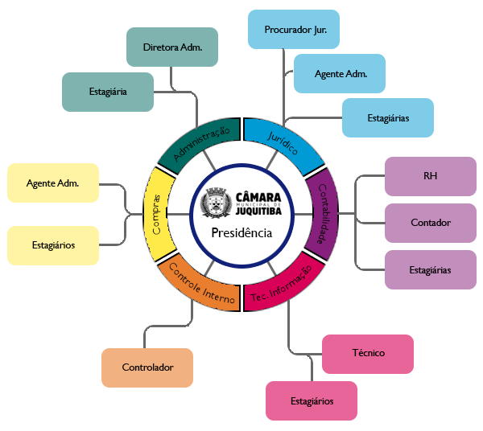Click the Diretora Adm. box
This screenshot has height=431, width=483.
pos(171,47)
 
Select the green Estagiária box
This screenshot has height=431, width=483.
pos(107,92)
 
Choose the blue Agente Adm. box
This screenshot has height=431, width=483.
pos(340,74)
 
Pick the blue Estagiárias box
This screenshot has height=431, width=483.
pos(388,117)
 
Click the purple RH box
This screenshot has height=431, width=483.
pos(429,175)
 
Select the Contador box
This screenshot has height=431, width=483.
pos(429,222)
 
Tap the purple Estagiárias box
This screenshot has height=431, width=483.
pos(429,269)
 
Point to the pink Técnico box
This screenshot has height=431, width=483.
pos(368,353)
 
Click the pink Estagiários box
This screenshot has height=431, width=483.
pos(311,400)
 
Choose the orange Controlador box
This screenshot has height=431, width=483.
pos(147,367)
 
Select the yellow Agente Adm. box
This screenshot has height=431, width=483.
pos(52,183)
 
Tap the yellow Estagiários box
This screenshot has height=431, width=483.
pos(52,244)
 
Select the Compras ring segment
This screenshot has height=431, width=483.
pos(157,213)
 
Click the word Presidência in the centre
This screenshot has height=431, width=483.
pos(241,232)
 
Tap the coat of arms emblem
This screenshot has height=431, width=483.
pos(217,201)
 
